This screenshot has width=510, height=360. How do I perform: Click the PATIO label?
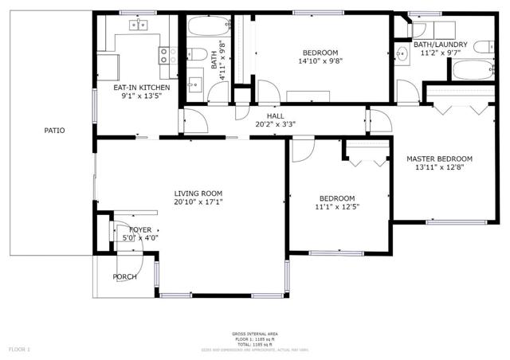54,131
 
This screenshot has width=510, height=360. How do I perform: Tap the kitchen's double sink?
139,25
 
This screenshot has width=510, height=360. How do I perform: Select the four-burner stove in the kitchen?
168,55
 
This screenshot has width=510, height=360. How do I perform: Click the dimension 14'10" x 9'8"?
320,61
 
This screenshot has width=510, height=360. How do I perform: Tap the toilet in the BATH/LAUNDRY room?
484,47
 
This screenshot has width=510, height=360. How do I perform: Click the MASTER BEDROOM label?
439,158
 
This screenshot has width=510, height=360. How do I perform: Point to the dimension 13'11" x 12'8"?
439,167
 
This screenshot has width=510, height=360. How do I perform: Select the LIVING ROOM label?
198,194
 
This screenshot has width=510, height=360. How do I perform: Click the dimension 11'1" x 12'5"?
337,207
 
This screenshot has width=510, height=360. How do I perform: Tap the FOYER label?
129,229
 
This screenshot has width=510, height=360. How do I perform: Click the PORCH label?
124,276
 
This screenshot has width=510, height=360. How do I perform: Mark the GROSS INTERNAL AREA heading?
255,334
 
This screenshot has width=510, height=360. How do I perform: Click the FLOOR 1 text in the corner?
19,349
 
